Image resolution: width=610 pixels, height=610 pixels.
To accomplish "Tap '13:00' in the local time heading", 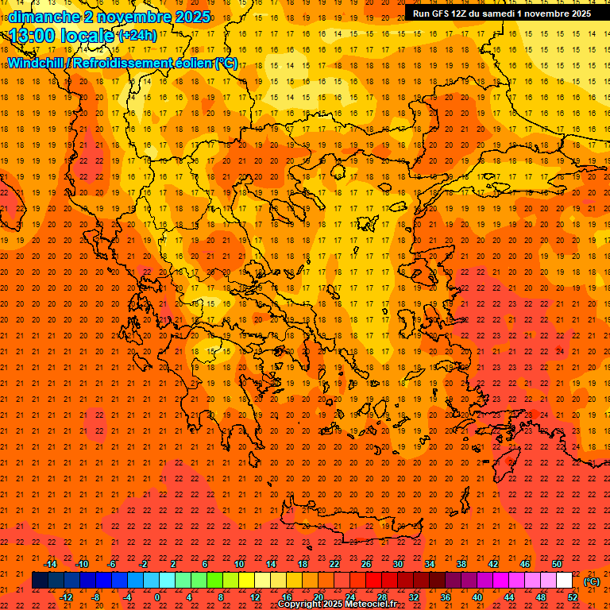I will pyautogui.click(x=33, y=36).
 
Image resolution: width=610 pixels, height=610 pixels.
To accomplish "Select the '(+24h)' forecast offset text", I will pyautogui.click(x=137, y=36).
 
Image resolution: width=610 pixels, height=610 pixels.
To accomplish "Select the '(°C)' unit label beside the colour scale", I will pyautogui.click(x=592, y=581).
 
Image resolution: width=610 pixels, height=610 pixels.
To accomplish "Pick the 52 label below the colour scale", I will pyautogui.click(x=573, y=597).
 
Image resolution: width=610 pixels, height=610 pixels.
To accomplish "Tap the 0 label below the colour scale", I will pyautogui.click(x=157, y=597).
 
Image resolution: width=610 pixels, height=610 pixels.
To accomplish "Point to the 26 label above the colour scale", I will pyautogui.click(x=366, y=564).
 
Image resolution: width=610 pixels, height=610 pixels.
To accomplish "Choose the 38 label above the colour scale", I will pyautogui.click(x=461, y=564).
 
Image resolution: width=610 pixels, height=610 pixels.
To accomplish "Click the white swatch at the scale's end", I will pyautogui.click(x=564, y=581).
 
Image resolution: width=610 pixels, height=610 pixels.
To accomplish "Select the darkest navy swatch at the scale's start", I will pyautogui.click(x=40, y=581).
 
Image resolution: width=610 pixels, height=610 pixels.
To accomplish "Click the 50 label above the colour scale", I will pyautogui.click(x=557, y=564).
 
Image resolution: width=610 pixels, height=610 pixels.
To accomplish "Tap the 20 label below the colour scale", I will pyautogui.click(x=319, y=597).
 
